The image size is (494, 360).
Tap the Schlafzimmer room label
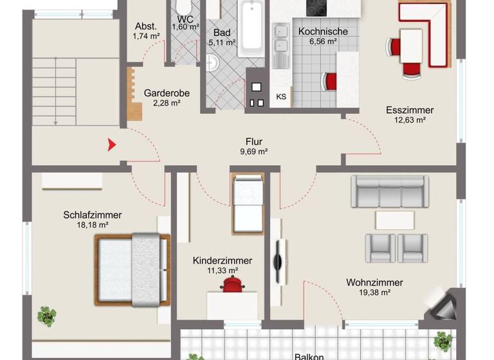point(93,215)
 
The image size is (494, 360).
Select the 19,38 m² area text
point(374,292)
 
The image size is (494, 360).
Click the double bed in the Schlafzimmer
point(133,269)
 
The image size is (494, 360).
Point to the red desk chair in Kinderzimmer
point(232,285)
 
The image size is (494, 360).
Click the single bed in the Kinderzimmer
point(248,204)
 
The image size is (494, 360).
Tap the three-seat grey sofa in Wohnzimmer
point(389,190)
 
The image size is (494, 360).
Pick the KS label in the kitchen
point(281,97)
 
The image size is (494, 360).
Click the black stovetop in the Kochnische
point(316,7)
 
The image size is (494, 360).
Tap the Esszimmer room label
point(410,110)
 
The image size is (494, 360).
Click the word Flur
point(254,142)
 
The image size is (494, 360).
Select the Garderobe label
point(167,93)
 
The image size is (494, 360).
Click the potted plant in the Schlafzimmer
point(46,316)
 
